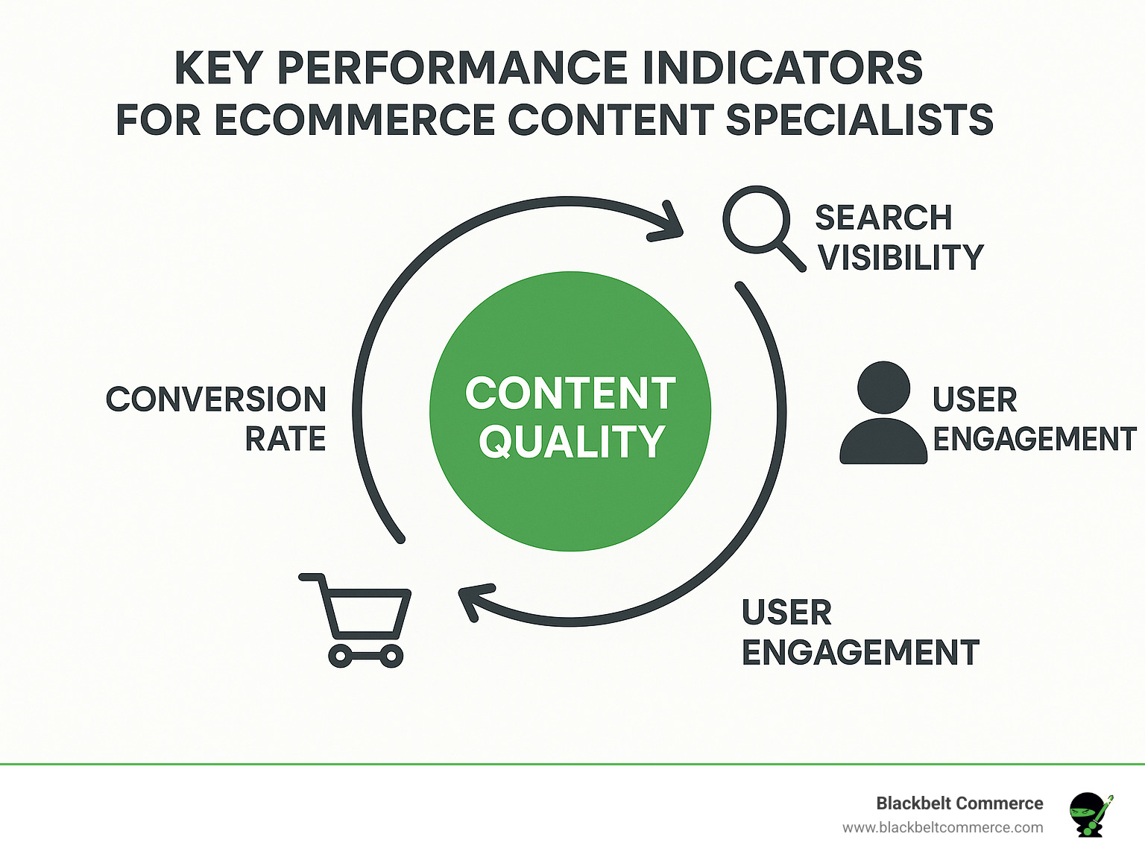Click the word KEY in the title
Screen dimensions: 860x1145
(x=218, y=69)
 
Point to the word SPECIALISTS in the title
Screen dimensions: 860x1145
(x=859, y=120)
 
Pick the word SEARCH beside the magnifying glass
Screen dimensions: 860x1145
(x=883, y=218)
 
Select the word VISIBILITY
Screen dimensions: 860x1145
(x=900, y=258)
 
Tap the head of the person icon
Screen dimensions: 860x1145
(x=883, y=388)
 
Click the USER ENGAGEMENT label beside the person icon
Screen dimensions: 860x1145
(x=1033, y=420)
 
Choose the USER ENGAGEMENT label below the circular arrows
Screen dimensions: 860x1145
(x=859, y=633)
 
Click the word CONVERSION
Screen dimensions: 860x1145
(x=216, y=399)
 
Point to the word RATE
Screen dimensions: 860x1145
(x=286, y=440)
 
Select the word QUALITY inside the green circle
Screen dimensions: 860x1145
(x=571, y=442)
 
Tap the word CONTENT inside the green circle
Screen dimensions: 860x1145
(x=570, y=393)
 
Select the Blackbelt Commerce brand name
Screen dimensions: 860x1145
(x=959, y=803)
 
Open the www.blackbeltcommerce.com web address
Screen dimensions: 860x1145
(x=942, y=828)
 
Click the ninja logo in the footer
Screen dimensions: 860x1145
(x=1089, y=814)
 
